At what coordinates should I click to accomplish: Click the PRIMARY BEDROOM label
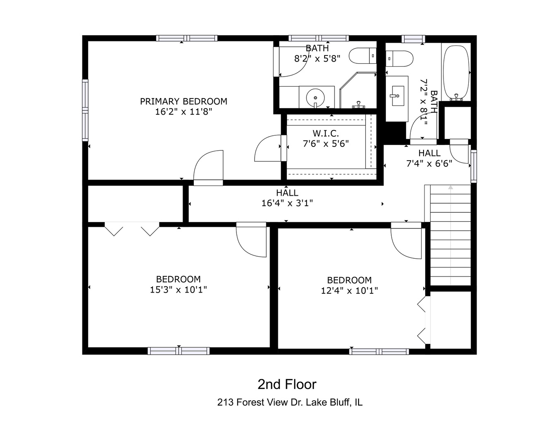click(183, 101)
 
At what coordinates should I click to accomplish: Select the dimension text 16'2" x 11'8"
click(183, 112)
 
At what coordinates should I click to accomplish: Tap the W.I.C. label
click(325, 133)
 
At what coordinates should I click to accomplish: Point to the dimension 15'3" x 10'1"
click(178, 290)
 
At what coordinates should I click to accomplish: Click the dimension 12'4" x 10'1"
click(349, 291)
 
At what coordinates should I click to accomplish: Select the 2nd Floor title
click(287, 385)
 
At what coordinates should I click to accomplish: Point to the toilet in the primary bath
click(362, 56)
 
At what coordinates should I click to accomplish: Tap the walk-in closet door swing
click(268, 148)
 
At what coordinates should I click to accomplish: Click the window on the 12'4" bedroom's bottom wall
click(379, 351)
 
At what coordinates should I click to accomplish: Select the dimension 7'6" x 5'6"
click(325, 144)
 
